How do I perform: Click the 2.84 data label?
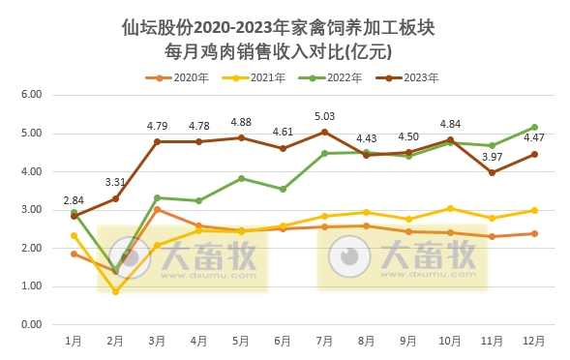74,200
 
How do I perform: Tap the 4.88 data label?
241,122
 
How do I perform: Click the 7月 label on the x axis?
325,342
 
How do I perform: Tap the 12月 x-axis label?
533,342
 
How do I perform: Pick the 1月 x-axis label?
74,342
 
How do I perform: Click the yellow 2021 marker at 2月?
116,291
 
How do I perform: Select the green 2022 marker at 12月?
533,127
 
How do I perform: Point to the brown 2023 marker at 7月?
325,132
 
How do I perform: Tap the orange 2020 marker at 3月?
158,209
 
